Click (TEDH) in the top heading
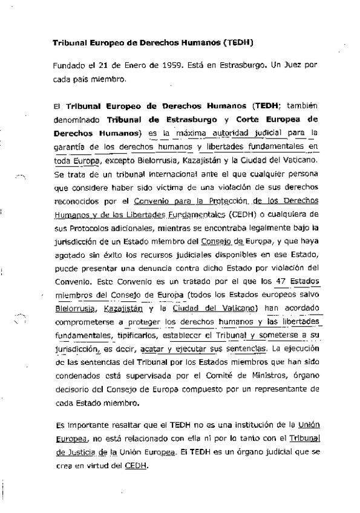click(237, 44)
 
